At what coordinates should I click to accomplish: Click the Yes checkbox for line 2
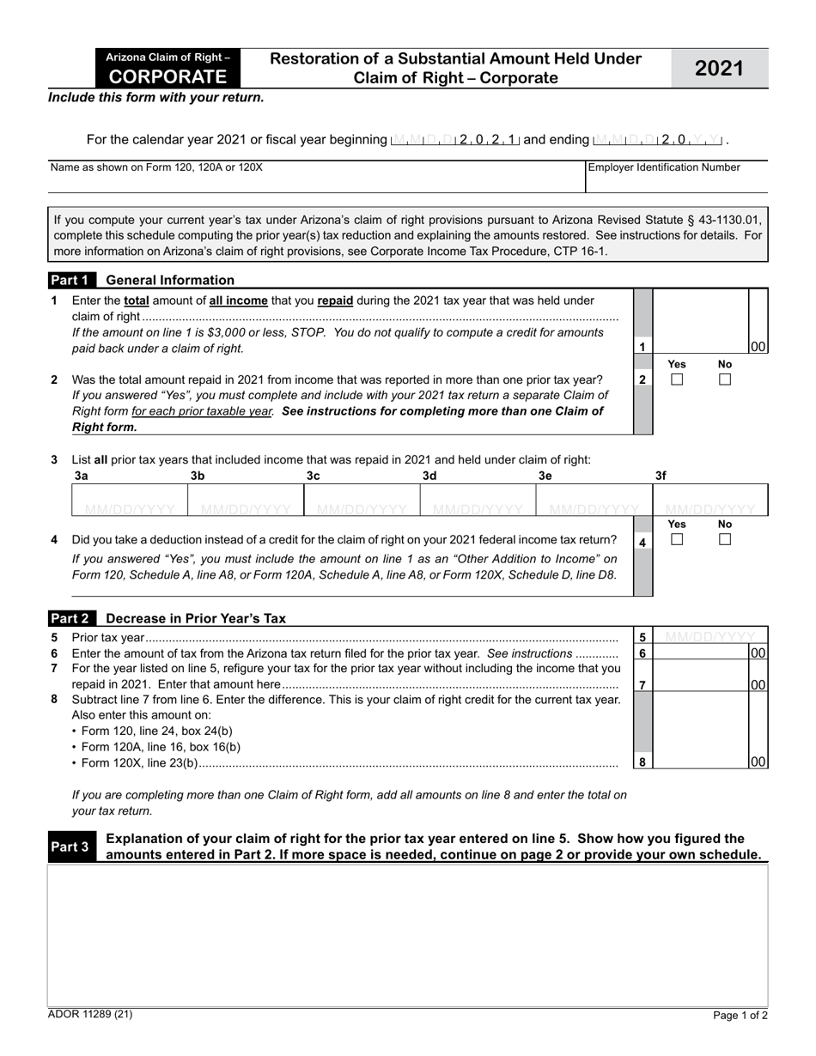pyautogui.click(x=677, y=379)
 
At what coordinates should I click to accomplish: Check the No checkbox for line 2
pyautogui.click(x=725, y=379)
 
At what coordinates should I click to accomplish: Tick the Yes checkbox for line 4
pyautogui.click(x=677, y=540)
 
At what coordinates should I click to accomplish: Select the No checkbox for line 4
pyautogui.click(x=725, y=540)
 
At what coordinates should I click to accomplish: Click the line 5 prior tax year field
pyautogui.click(x=710, y=637)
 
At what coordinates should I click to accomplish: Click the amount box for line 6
pyautogui.click(x=701, y=653)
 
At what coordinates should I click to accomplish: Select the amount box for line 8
pyautogui.click(x=701, y=761)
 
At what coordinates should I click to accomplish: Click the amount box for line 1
pyautogui.click(x=701, y=346)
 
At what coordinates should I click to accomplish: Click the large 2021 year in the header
pyautogui.click(x=719, y=69)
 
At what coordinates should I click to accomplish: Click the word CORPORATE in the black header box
pyautogui.click(x=168, y=76)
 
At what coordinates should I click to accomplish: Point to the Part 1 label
pyautogui.click(x=70, y=280)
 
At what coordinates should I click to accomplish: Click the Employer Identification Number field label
pyautogui.click(x=663, y=167)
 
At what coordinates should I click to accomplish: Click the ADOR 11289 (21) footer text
pyautogui.click(x=90, y=1015)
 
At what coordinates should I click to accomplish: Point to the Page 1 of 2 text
pyautogui.click(x=740, y=1016)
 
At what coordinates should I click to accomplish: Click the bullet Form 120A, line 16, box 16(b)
pyautogui.click(x=160, y=747)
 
